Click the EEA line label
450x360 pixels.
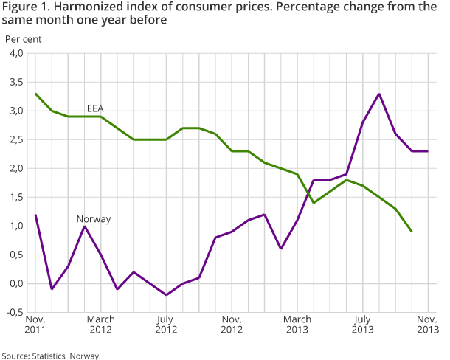(95, 108)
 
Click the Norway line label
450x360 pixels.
(94, 218)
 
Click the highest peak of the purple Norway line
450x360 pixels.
(379, 94)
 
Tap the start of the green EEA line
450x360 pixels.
(35, 94)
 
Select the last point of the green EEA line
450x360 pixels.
(412, 232)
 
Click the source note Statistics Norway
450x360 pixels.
(51, 355)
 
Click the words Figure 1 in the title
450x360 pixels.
(28, 7)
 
